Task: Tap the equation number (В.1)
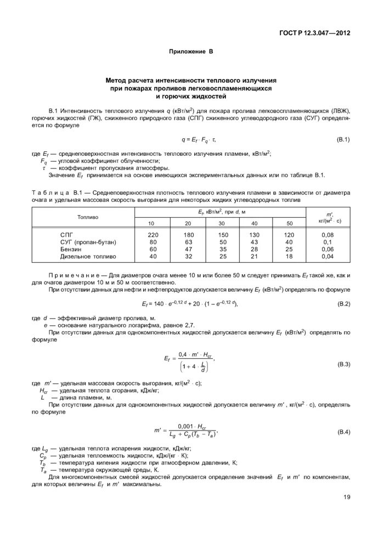[x=342, y=140]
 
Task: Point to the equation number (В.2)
[x=342, y=303]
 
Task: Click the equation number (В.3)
[x=342, y=364]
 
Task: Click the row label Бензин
[x=70, y=248]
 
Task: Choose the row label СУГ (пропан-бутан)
[x=88, y=241]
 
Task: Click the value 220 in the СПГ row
[x=153, y=234]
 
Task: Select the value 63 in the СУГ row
[x=188, y=241]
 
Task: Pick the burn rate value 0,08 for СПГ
[x=327, y=234]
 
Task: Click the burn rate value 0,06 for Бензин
[x=327, y=248]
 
